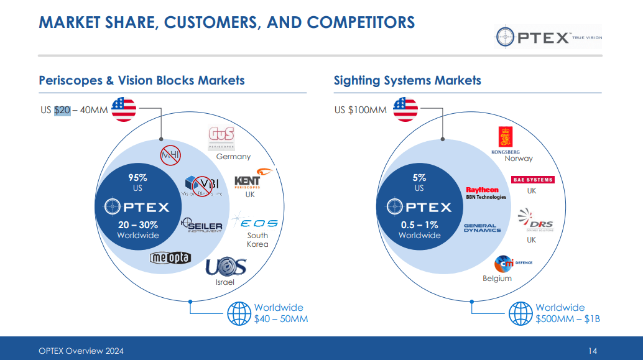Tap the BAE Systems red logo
(x=532, y=180)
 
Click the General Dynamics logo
(x=482, y=228)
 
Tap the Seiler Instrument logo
(x=201, y=226)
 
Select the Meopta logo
(x=170, y=258)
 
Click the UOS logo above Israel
(x=226, y=267)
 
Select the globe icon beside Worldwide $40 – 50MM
(x=239, y=313)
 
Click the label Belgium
(x=497, y=279)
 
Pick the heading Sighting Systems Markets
(x=407, y=80)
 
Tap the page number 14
(x=592, y=351)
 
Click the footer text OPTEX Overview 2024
(x=81, y=351)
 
